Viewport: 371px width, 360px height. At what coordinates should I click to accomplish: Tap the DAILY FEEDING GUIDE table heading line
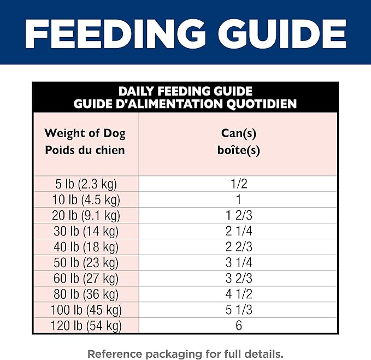[185, 92]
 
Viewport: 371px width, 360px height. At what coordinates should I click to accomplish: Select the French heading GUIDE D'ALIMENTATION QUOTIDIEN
[185, 103]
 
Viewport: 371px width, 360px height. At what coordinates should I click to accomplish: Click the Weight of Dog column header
[85, 133]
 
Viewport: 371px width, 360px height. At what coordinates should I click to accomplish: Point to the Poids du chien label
[85, 150]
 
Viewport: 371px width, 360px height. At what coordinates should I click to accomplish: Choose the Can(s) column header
[238, 133]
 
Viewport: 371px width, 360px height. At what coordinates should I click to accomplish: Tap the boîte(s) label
[238, 150]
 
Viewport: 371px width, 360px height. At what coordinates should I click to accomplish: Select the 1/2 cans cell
[238, 184]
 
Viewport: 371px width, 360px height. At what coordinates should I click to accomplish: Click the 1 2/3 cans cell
[238, 215]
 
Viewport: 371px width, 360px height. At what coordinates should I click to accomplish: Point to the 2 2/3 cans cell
[238, 247]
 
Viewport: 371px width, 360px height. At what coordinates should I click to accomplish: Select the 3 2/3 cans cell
[238, 279]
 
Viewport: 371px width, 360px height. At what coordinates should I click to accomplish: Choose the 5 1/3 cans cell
[238, 310]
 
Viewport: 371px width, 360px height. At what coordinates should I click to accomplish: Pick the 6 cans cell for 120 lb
[238, 326]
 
